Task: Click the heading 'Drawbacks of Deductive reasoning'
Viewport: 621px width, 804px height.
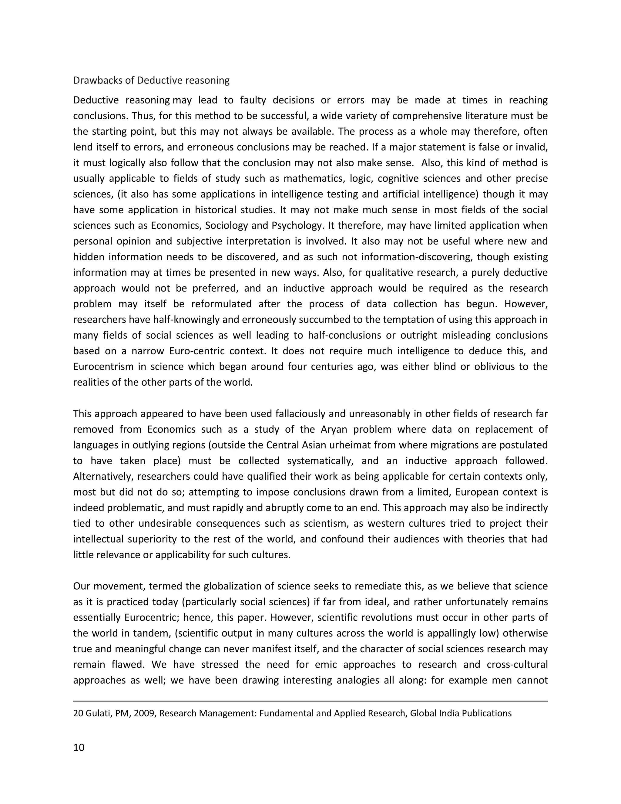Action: tap(151, 80)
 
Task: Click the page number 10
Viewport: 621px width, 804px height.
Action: tap(79, 747)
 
